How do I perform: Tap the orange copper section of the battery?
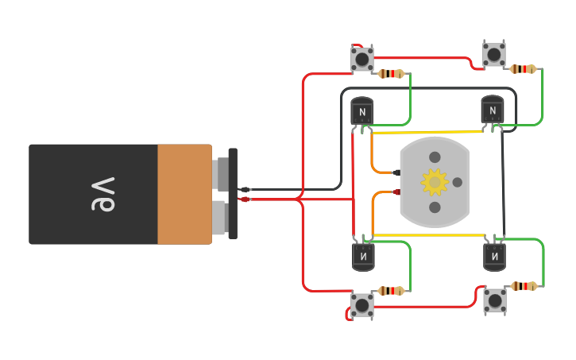click(x=184, y=194)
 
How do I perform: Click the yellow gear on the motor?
click(x=435, y=182)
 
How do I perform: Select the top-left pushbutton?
click(x=362, y=59)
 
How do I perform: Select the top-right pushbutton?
click(x=493, y=54)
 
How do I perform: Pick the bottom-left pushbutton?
click(x=362, y=305)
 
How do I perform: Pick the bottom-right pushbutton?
click(x=494, y=300)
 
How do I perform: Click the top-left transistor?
click(x=362, y=111)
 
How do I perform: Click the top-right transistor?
click(x=493, y=110)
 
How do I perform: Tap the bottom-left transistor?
click(x=363, y=256)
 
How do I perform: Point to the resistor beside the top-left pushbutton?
click(x=391, y=74)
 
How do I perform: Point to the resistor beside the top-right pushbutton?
click(x=522, y=69)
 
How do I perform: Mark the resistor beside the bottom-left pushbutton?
click(x=390, y=291)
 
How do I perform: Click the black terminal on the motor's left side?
click(x=396, y=172)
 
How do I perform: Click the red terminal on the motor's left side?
click(x=396, y=192)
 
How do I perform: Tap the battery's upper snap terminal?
click(x=222, y=173)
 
